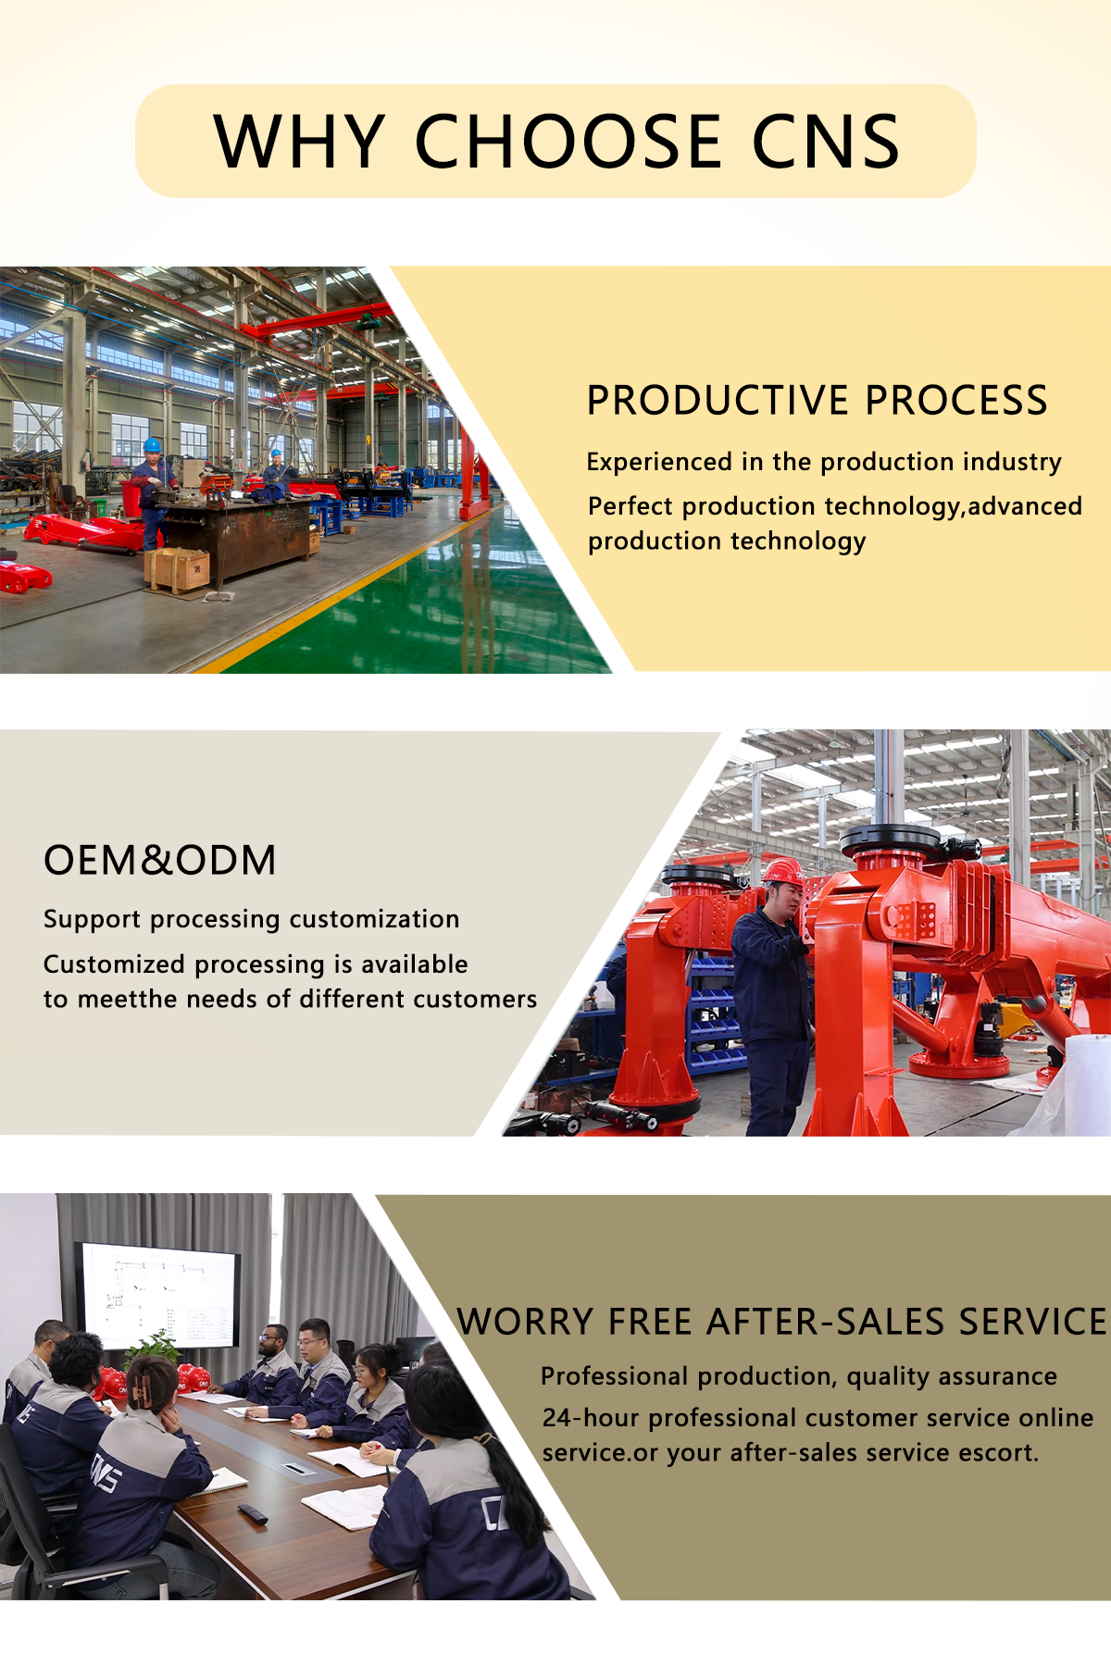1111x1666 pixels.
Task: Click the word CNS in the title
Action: [x=825, y=142]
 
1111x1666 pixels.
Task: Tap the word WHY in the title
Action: [x=299, y=142]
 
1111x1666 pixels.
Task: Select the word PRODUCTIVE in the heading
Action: [x=718, y=400]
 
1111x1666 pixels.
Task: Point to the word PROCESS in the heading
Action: [x=956, y=400]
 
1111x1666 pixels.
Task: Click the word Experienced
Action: [x=660, y=462]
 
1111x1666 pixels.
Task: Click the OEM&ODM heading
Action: [x=160, y=860]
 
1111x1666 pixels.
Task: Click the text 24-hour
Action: [x=591, y=1417]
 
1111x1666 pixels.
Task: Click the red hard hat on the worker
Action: [x=783, y=870]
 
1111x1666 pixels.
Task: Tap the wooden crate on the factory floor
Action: [x=178, y=569]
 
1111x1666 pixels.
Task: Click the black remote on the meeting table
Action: [x=253, y=1513]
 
